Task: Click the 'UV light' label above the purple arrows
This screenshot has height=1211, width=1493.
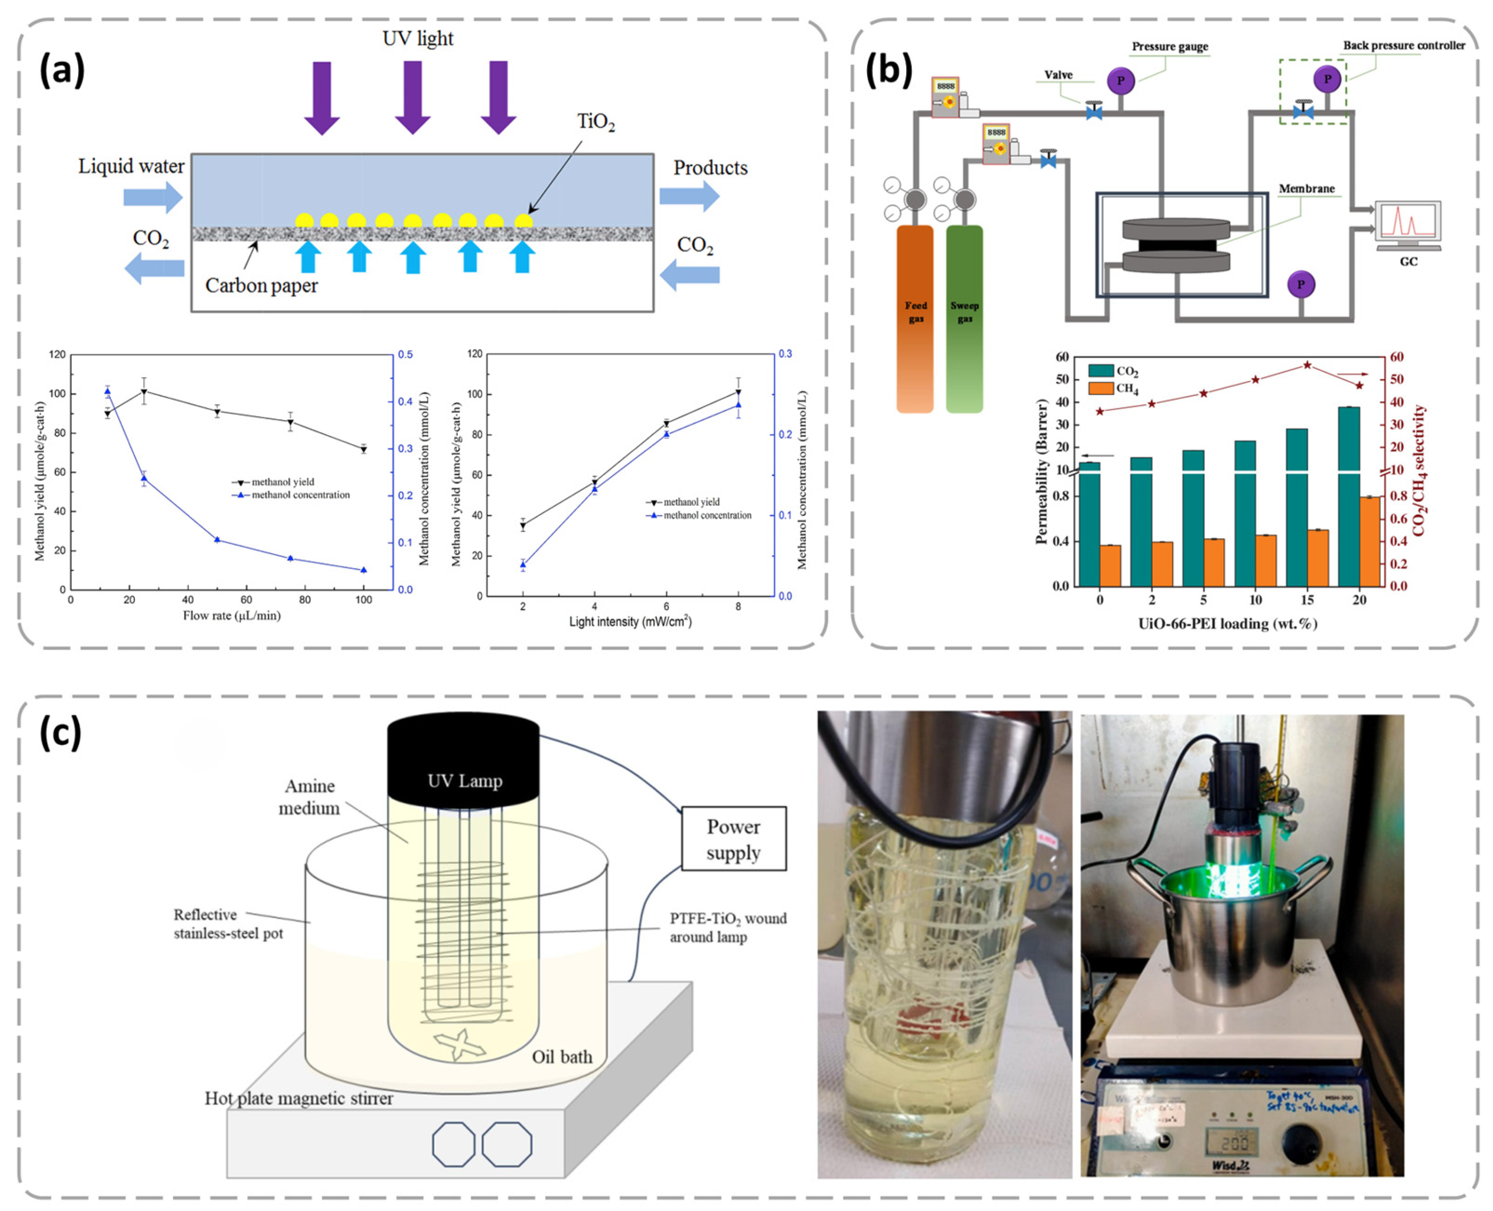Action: pyautogui.click(x=417, y=39)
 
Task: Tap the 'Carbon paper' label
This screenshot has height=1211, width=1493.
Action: pyautogui.click(x=261, y=285)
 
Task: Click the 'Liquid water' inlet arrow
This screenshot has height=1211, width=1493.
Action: pyautogui.click(x=152, y=197)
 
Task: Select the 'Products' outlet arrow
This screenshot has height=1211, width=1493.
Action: pyautogui.click(x=689, y=196)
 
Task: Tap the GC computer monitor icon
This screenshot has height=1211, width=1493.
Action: pyautogui.click(x=1407, y=224)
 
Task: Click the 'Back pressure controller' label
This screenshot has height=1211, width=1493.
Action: pyautogui.click(x=1404, y=45)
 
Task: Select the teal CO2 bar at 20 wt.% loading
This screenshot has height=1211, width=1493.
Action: pyautogui.click(x=1349, y=495)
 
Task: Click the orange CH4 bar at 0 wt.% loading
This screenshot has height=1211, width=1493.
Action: pyautogui.click(x=1110, y=565)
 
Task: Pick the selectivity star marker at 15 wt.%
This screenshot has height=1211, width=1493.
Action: pyautogui.click(x=1308, y=365)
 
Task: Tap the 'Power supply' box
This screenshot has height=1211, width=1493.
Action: pyautogui.click(x=733, y=838)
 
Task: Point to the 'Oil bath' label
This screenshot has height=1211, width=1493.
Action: pyautogui.click(x=562, y=1056)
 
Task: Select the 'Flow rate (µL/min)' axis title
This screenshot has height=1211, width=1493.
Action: pyautogui.click(x=232, y=615)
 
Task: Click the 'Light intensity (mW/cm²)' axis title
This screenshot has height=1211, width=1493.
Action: pyautogui.click(x=630, y=621)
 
